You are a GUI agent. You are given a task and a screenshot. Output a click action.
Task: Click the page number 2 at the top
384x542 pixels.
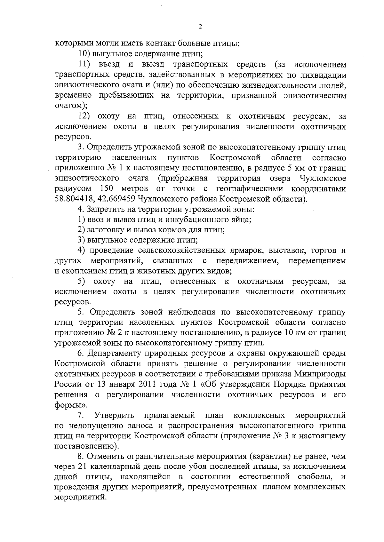coord(200,27)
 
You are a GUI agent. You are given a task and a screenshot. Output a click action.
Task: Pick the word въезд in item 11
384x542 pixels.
coord(109,64)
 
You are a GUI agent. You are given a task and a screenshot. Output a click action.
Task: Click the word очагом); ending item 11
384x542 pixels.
coord(69,106)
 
